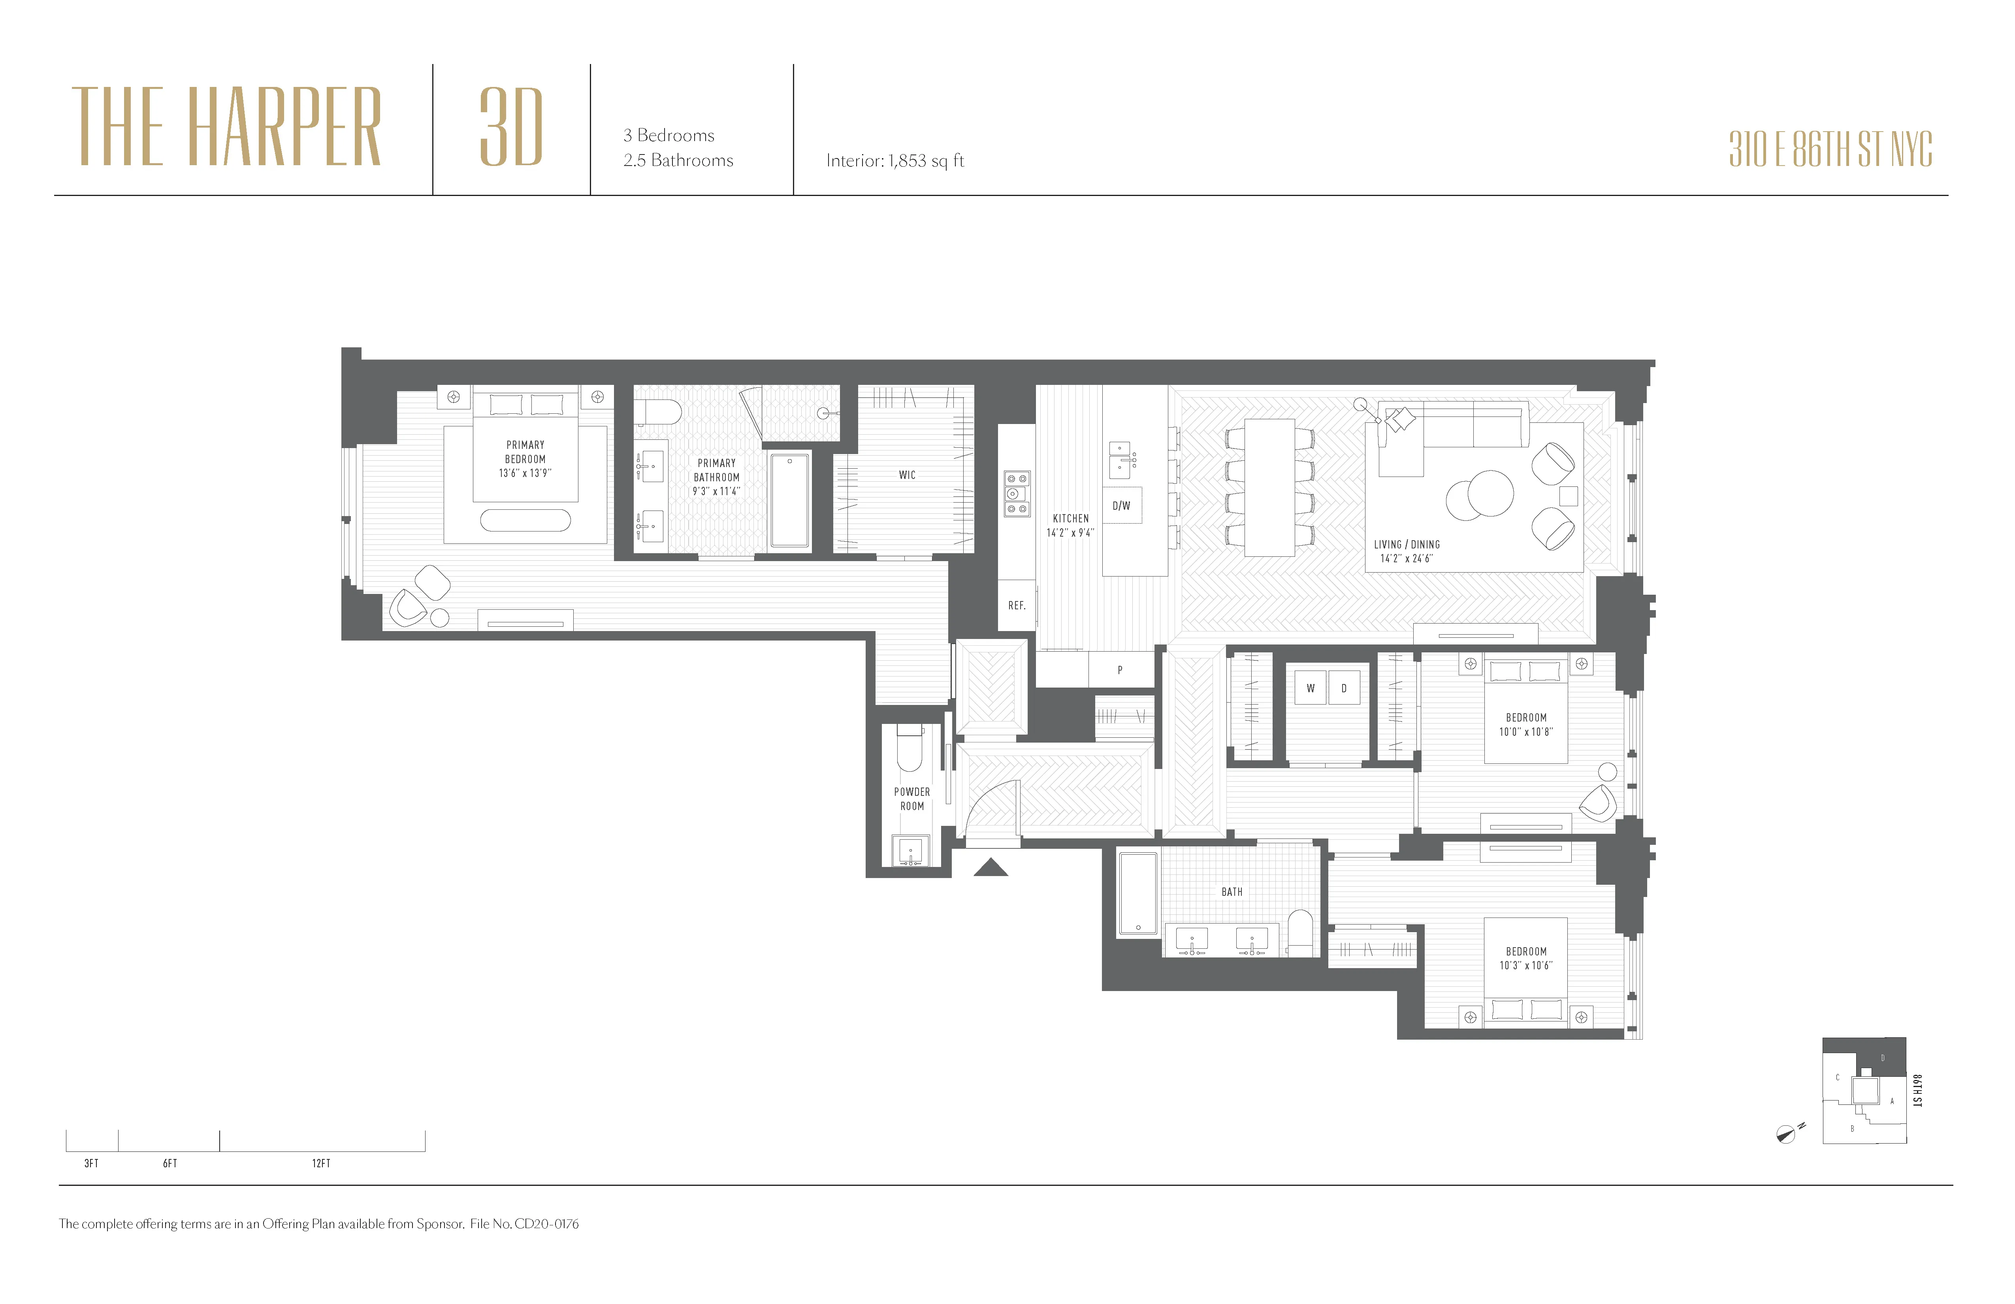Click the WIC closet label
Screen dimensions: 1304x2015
(x=907, y=475)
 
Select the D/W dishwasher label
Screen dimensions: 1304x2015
(x=1121, y=505)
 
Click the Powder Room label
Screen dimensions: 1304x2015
(x=912, y=799)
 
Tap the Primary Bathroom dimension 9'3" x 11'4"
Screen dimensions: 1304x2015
(x=716, y=491)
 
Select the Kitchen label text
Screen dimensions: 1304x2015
(x=1070, y=518)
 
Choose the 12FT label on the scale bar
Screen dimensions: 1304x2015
(x=321, y=1163)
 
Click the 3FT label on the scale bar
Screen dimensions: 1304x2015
(x=91, y=1163)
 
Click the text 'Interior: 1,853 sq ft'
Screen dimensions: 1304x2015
(x=895, y=161)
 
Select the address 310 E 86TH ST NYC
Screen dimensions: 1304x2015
(x=1830, y=150)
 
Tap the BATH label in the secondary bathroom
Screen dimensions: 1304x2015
(x=1232, y=891)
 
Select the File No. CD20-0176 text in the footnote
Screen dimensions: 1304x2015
(x=524, y=1223)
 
